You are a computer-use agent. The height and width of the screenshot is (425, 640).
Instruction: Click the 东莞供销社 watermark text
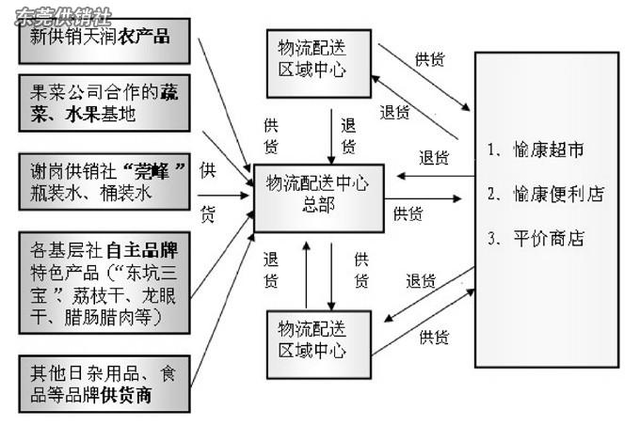pyautogui.click(x=58, y=16)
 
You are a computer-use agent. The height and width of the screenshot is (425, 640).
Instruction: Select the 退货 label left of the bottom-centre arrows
pyautogui.click(x=272, y=270)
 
